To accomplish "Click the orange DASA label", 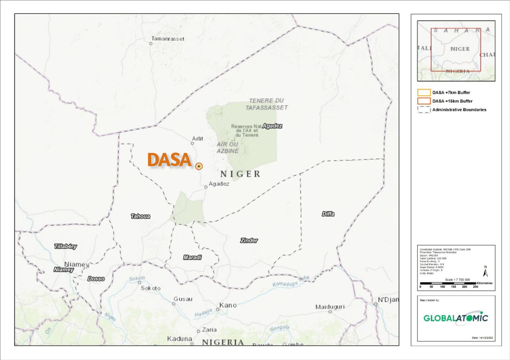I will coord(169,160).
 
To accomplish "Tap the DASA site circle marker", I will coord(199,166).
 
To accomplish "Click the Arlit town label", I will coord(198,138).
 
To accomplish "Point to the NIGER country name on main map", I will coord(240,174).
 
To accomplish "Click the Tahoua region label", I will coord(140,216).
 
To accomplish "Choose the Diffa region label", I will coord(328,214).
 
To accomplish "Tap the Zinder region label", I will coord(249,241).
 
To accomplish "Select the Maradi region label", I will coord(192,258).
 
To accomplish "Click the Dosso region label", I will coord(96,279).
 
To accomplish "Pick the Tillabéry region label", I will coord(65,247).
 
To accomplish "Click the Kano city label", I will coord(228,305).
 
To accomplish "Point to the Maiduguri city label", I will coord(330,307).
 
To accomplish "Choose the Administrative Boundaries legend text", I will coord(459,110).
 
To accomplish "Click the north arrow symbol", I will coord(485,272).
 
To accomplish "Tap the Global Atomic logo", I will coord(455,318).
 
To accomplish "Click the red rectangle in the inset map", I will coord(456,50).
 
